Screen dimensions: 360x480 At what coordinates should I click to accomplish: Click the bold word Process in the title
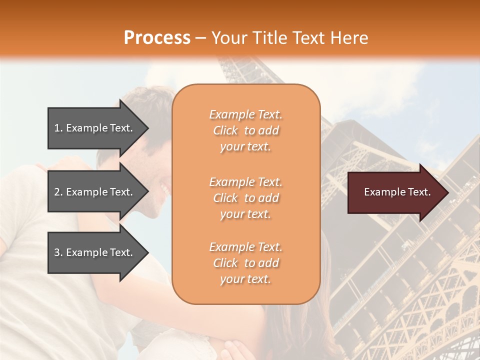tap(157, 37)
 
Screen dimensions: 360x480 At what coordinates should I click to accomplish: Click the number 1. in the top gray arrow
tap(58, 128)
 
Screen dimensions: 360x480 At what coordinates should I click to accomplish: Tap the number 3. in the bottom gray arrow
tap(58, 252)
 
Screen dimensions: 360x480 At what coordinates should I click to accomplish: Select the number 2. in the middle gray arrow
tap(58, 192)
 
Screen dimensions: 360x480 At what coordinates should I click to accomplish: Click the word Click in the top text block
tap(225, 130)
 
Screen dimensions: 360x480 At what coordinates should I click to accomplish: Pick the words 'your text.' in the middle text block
tap(245, 214)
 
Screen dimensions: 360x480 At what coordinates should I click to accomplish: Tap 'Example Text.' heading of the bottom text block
tap(245, 247)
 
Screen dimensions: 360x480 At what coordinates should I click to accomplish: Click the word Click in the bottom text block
tap(225, 263)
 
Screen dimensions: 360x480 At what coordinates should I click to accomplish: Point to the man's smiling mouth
tap(165, 189)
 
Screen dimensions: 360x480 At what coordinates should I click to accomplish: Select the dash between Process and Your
tap(201, 38)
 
